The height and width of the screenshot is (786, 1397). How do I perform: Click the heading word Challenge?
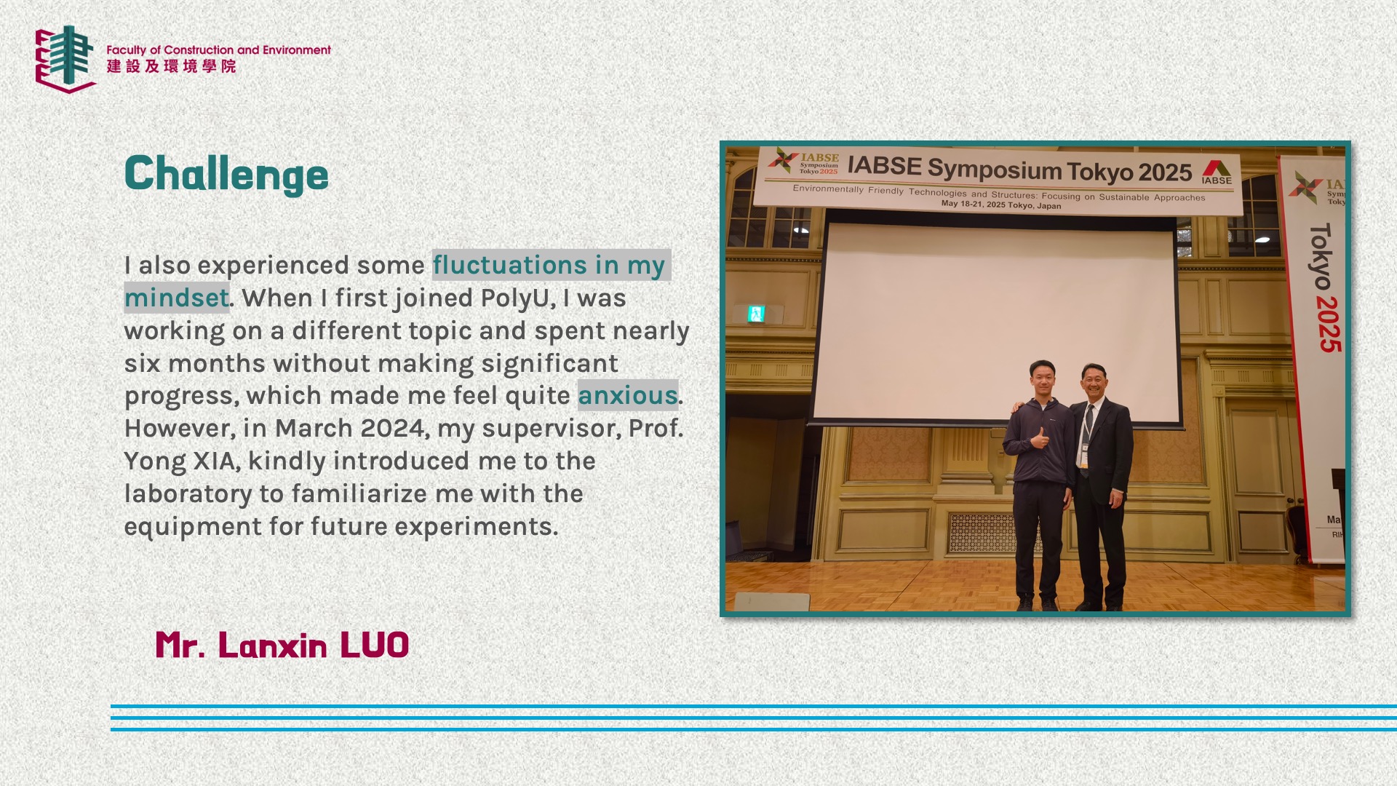pyautogui.click(x=226, y=174)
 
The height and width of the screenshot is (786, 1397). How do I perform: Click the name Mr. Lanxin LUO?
pyautogui.click(x=282, y=645)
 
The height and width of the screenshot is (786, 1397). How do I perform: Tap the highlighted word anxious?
pyautogui.click(x=628, y=395)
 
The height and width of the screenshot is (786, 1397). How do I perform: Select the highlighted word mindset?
pyautogui.click(x=177, y=298)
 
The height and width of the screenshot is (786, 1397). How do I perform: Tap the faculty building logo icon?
pyautogui.click(x=65, y=59)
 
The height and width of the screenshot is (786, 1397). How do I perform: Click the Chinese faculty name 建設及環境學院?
pyautogui.click(x=172, y=66)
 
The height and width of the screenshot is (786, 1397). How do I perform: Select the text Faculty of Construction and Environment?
pyautogui.click(x=218, y=50)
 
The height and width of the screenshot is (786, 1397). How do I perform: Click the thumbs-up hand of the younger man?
pyautogui.click(x=1039, y=438)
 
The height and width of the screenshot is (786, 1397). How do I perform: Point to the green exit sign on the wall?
pyautogui.click(x=756, y=314)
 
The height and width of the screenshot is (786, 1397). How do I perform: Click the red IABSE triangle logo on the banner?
pyautogui.click(x=1217, y=168)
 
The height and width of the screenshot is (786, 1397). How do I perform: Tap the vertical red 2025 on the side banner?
pyautogui.click(x=1329, y=325)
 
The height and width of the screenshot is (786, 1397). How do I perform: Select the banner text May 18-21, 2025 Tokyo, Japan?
pyautogui.click(x=1001, y=205)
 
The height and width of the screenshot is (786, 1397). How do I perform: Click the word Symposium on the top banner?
pyautogui.click(x=995, y=169)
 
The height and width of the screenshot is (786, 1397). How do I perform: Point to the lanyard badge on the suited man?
pyautogui.click(x=1083, y=456)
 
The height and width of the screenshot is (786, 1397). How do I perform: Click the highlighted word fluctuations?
pyautogui.click(x=509, y=265)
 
